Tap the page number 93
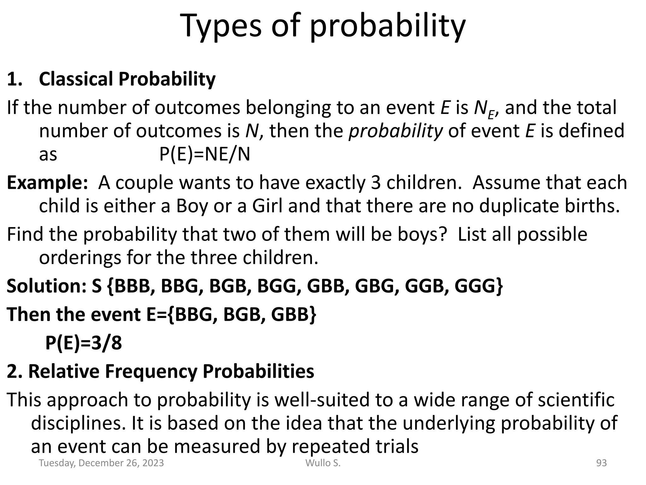(601, 463)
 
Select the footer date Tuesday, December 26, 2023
(101, 463)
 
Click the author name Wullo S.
(323, 463)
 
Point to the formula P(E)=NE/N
(204, 155)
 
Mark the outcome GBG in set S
(375, 286)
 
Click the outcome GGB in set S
(425, 286)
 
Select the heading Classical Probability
(127, 79)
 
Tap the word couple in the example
(144, 183)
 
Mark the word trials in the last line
(397, 446)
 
